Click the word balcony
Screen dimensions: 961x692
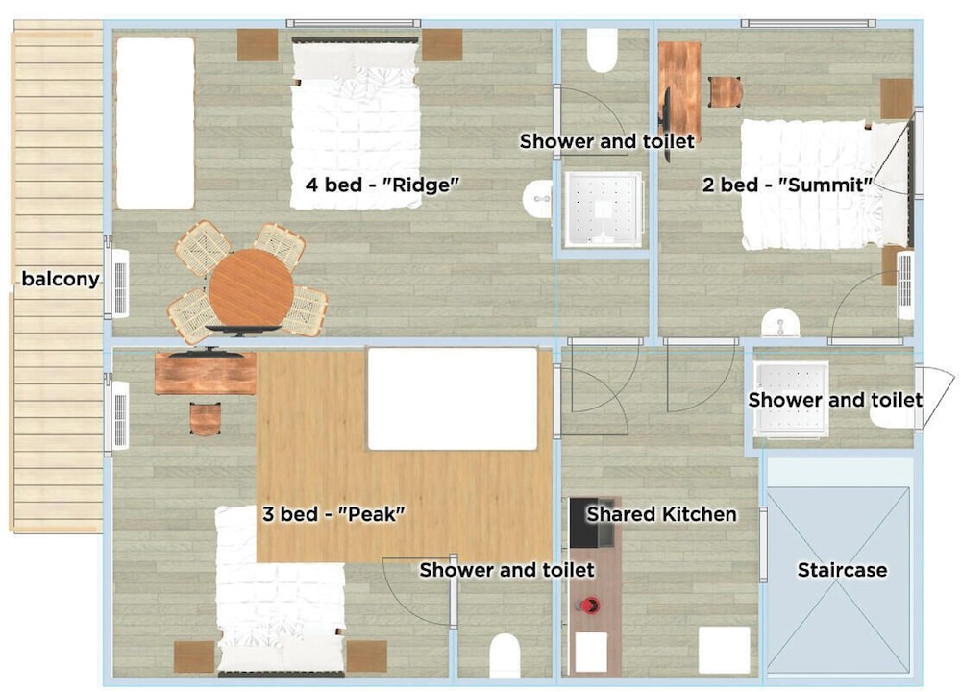pos(60,279)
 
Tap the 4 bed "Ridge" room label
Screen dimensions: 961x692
pos(382,184)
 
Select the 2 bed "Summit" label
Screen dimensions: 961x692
pos(787,184)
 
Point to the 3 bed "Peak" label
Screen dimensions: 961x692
pos(333,513)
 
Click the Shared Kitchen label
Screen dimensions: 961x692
pos(661,513)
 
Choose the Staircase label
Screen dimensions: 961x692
pos(842,570)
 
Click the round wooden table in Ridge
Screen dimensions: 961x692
pos(251,289)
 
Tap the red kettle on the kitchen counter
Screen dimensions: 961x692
pos(589,605)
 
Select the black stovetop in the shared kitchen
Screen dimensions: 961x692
pos(584,523)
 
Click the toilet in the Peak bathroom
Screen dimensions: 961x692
pos(505,655)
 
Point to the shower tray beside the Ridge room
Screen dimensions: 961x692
pos(604,209)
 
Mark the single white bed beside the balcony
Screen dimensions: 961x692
pos(155,123)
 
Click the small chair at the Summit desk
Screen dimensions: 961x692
pos(726,92)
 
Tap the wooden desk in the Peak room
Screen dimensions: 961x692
pos(206,373)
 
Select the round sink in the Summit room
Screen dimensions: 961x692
pos(780,322)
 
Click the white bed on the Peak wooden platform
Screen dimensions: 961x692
pos(453,399)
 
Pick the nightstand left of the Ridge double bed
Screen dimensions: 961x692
pos(258,44)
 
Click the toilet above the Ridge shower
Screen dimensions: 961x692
pos(603,50)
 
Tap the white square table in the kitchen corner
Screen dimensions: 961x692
pos(725,650)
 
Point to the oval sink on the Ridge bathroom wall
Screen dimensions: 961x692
pos(537,199)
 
